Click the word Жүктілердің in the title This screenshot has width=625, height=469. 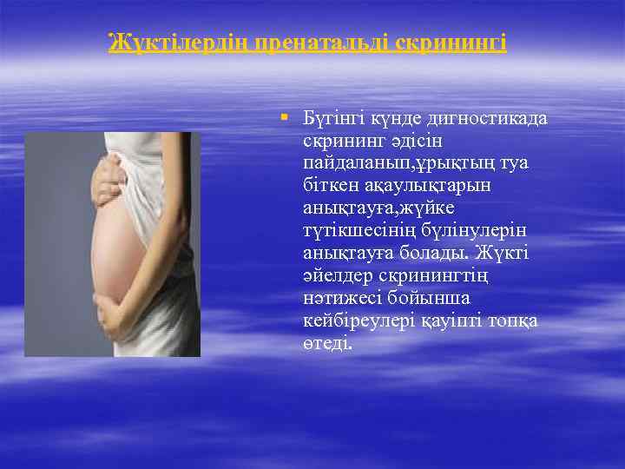click(178, 42)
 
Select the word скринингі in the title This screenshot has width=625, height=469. click(451, 42)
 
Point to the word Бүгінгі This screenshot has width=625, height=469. click(333, 118)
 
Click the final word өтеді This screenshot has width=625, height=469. click(328, 344)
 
